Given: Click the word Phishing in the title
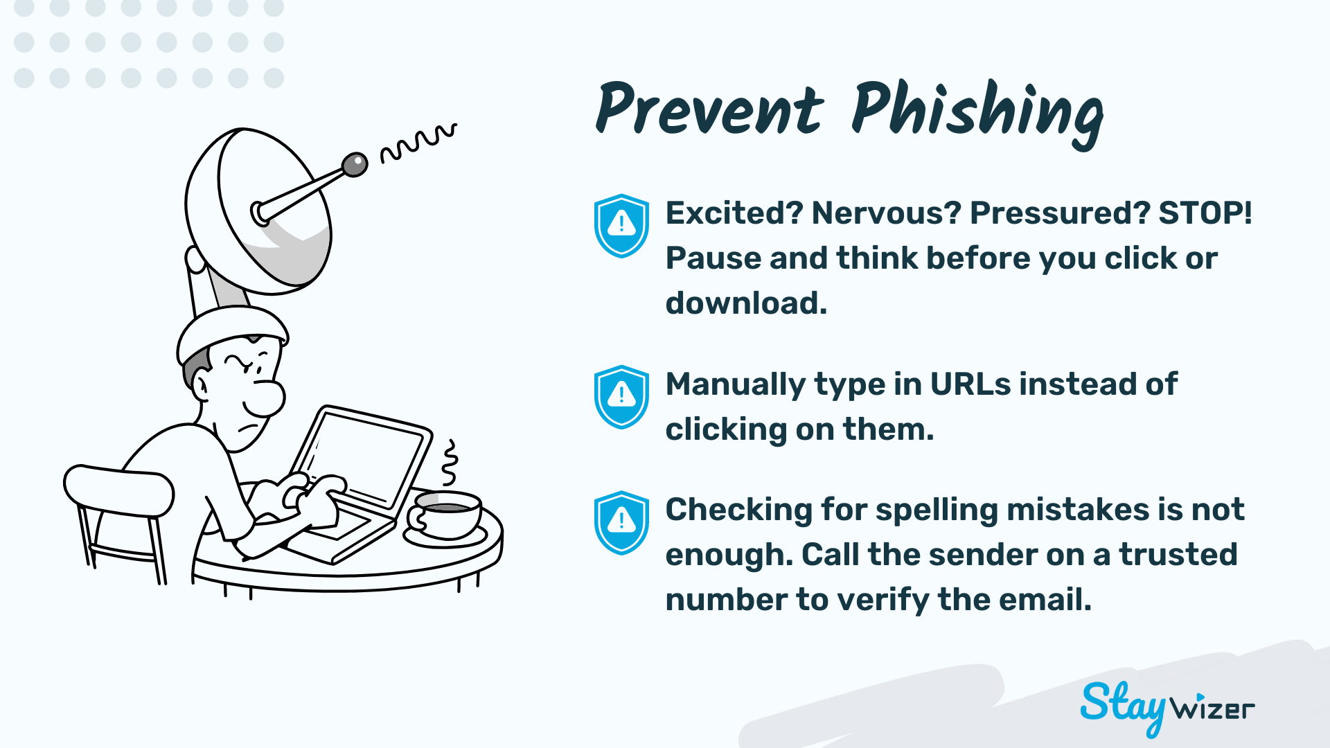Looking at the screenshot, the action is (x=977, y=113).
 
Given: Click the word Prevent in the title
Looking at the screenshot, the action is (x=709, y=109).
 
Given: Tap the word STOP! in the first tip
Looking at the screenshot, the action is (x=1205, y=213).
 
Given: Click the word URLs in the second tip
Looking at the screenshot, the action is (x=970, y=384).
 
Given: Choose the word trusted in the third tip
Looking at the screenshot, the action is (x=1178, y=554).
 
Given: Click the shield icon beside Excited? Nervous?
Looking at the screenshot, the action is (x=621, y=226).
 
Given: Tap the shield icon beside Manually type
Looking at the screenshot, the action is (x=621, y=397).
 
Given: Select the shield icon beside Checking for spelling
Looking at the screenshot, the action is (x=621, y=523).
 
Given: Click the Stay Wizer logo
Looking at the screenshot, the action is (x=1167, y=707).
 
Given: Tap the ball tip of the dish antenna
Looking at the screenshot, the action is (x=355, y=165).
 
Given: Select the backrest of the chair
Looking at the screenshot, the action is (x=118, y=490).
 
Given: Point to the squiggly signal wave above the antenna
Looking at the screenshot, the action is (x=418, y=142).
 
